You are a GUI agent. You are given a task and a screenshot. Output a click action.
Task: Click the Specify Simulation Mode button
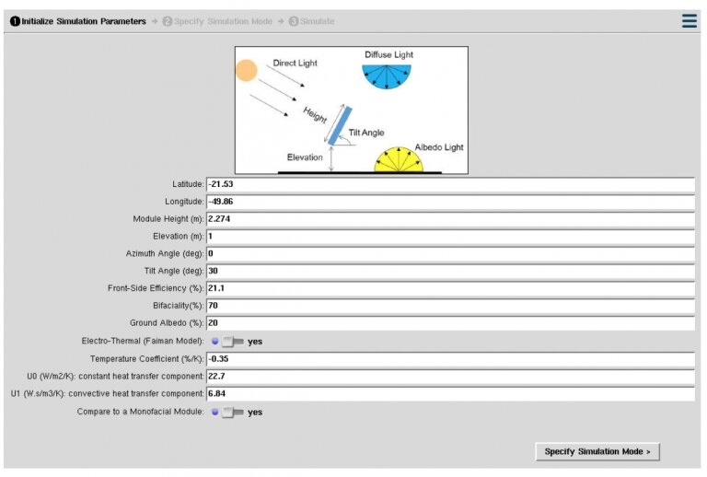pos(597,451)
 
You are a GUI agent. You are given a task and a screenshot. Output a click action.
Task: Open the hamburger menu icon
pos(690,21)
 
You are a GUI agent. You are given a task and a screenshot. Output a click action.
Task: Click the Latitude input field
pos(449,184)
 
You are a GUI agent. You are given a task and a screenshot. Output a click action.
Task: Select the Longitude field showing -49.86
pos(449,202)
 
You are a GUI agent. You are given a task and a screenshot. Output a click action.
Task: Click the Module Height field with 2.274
pos(449,219)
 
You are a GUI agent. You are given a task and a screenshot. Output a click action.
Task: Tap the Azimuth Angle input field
pos(449,253)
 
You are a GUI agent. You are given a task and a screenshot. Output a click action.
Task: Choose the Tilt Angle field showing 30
pos(449,271)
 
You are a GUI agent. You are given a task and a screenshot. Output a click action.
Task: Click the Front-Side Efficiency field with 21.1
pos(449,288)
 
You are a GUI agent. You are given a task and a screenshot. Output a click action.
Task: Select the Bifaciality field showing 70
pos(449,306)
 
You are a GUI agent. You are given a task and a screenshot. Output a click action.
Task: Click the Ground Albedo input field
pos(449,323)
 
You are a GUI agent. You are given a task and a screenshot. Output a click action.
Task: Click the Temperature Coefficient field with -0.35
pos(449,358)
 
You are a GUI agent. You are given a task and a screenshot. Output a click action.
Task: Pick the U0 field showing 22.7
pos(449,376)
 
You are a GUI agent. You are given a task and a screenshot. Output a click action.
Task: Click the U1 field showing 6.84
pos(449,393)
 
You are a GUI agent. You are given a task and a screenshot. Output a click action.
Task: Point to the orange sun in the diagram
pos(246,70)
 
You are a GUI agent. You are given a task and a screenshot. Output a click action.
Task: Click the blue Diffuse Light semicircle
pos(386,74)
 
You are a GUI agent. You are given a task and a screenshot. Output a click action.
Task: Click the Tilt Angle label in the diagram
pos(366,133)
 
